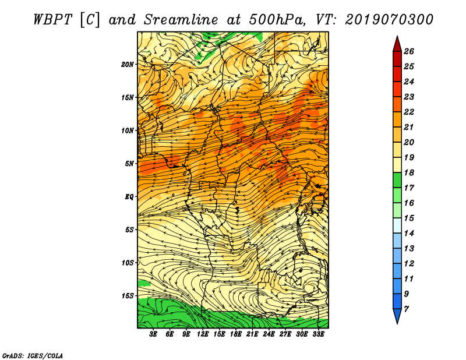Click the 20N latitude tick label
point(128,64)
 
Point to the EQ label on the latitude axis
point(129,196)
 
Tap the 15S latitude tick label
point(128,296)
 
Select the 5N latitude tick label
point(129,164)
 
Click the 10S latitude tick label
point(128,263)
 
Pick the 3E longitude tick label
point(153,334)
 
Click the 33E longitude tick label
point(318,334)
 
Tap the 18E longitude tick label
point(236,334)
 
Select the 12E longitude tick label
point(203,334)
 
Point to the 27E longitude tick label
point(285,334)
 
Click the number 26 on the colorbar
point(409,51)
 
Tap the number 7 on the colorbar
point(407,309)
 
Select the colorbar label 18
point(409,172)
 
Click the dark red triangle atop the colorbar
point(397,44)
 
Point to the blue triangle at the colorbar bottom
point(397,316)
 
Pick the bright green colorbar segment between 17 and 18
point(397,180)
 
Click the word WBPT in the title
point(53,20)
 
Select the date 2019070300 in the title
point(389,20)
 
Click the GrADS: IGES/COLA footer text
point(32,355)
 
